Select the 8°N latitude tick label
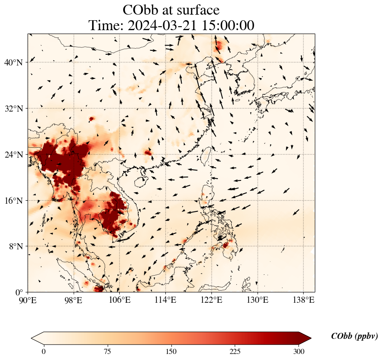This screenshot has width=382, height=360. coord(15,246)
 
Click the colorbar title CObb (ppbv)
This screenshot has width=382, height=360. coord(354,336)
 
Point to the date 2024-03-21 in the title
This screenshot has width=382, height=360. coord(160,25)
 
